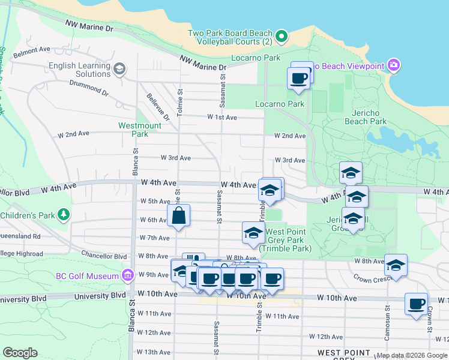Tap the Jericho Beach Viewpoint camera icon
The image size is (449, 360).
394,65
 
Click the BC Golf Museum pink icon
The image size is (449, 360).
127,275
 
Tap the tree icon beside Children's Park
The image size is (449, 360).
62,214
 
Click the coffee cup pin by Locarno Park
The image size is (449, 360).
298,77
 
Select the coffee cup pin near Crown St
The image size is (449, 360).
415,304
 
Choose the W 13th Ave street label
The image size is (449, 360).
154,352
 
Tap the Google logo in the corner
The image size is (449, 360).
20,353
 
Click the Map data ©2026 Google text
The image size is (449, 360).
411,355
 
